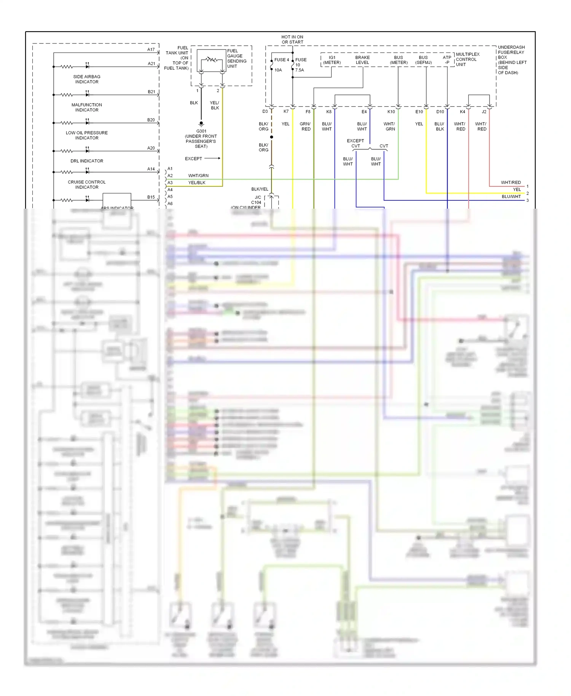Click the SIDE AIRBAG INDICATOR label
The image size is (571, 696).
87,79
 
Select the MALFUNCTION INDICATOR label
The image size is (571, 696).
87,107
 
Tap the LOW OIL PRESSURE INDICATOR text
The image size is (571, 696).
87,135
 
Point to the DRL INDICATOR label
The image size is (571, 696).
87,161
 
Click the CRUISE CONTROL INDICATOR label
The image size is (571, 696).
87,185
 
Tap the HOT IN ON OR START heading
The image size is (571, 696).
292,40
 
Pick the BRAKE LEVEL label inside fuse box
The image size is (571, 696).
362,60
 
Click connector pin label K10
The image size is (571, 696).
391,112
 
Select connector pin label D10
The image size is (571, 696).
440,112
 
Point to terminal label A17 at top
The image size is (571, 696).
151,50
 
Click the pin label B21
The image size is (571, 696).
151,92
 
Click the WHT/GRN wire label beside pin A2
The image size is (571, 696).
198,176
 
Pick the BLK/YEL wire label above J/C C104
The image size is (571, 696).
260,189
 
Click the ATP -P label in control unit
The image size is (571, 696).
447,60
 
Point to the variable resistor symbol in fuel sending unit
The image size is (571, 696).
211,60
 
